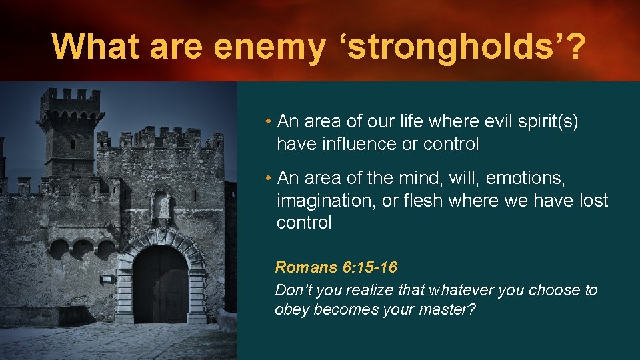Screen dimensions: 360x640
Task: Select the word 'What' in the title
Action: click(x=97, y=46)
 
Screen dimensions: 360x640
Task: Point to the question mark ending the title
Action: click(x=572, y=46)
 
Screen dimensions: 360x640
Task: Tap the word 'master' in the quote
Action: click(x=440, y=310)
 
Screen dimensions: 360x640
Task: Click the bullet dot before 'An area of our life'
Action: click(x=267, y=122)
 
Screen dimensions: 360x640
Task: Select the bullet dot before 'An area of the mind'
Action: click(x=267, y=179)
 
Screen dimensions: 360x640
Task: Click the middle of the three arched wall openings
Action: click(x=82, y=249)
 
